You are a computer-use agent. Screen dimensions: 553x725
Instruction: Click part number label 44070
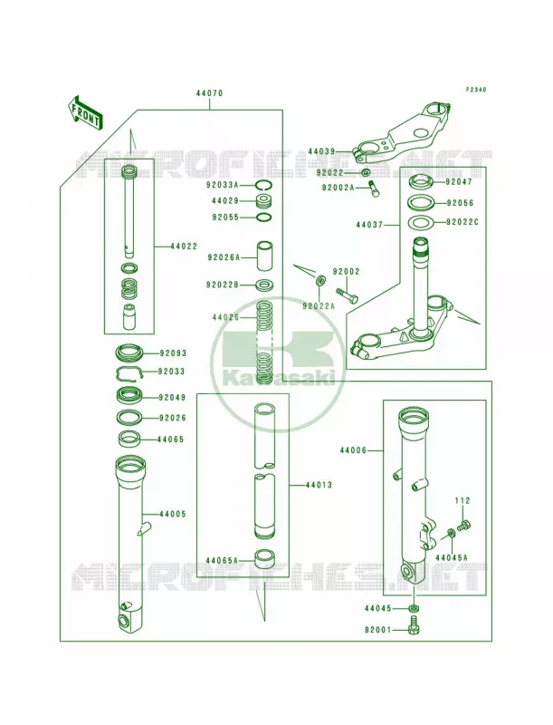(x=209, y=93)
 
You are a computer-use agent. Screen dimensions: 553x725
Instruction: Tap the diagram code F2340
(x=476, y=90)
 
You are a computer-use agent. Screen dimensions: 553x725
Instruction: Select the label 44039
(x=321, y=151)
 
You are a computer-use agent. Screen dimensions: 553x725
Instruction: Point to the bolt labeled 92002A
(x=374, y=189)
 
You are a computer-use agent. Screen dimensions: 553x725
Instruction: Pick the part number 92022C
(x=462, y=222)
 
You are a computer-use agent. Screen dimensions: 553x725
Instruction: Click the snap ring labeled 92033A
(x=264, y=186)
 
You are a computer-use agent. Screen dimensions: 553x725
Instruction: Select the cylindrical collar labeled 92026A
(x=264, y=256)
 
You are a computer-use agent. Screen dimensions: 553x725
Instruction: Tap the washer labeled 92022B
(x=264, y=285)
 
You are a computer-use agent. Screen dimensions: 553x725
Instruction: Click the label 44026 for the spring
(x=225, y=318)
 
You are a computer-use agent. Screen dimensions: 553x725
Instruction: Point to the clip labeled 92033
(x=130, y=372)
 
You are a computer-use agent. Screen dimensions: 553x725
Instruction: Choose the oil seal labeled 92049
(x=129, y=396)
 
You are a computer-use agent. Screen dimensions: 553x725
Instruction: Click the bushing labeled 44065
(x=129, y=439)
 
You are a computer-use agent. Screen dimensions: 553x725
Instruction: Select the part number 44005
(x=173, y=514)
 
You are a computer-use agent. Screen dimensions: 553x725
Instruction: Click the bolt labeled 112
(x=463, y=525)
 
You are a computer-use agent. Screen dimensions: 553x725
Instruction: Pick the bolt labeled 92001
(x=414, y=625)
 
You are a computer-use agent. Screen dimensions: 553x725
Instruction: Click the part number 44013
(x=319, y=485)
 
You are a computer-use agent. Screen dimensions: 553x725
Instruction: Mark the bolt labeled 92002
(x=348, y=296)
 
